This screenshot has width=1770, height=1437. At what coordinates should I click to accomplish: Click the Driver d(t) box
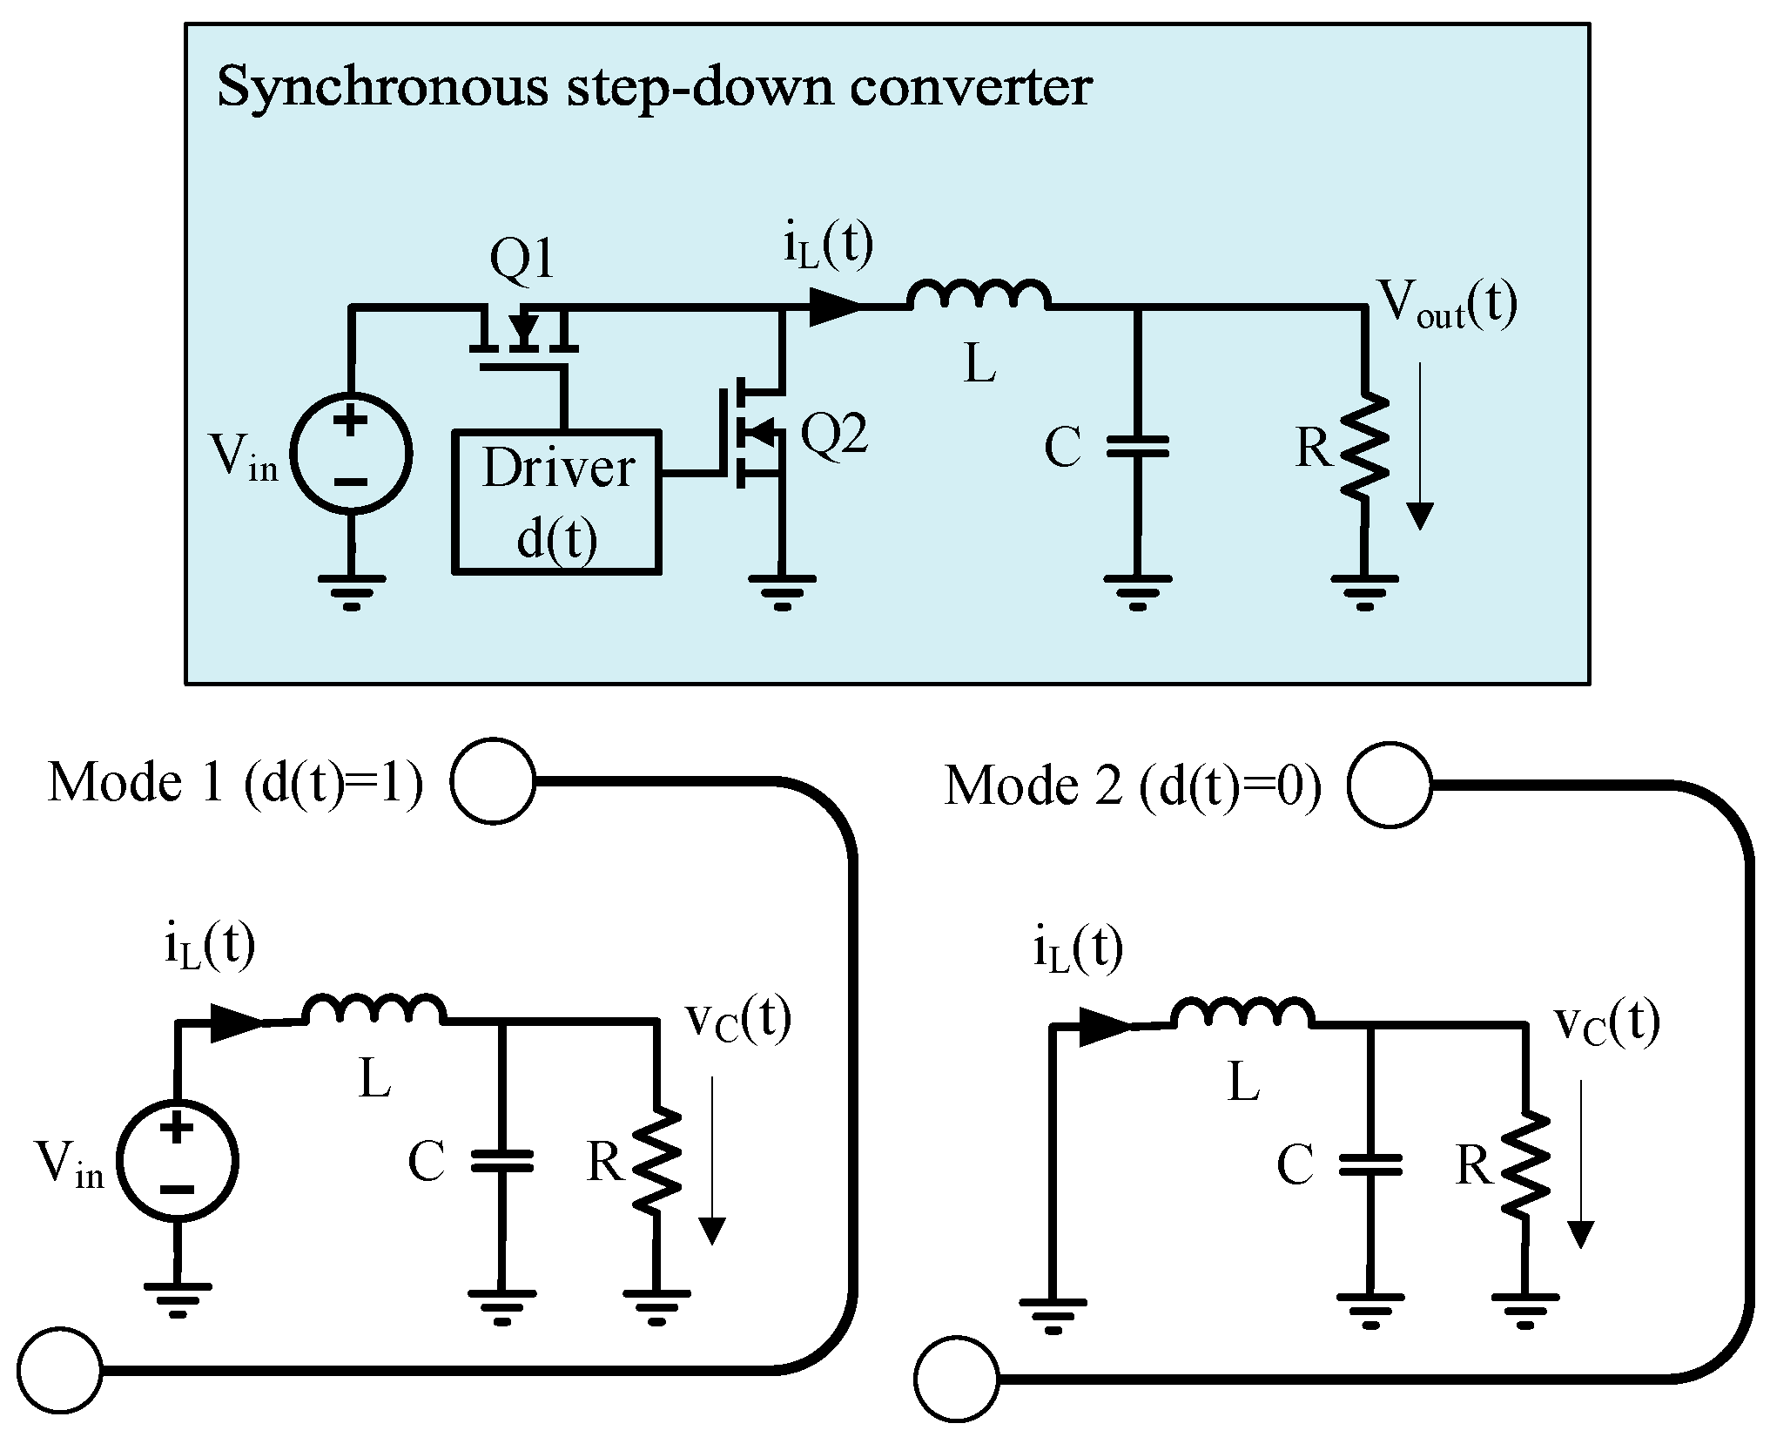tap(556, 501)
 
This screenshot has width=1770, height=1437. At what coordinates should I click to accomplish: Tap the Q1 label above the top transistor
tap(522, 259)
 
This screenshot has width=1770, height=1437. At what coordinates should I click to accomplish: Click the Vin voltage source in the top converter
tap(351, 454)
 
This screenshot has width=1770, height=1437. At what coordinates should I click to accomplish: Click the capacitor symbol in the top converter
tap(1137, 447)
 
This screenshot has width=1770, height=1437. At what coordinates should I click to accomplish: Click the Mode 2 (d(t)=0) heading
tap(1133, 786)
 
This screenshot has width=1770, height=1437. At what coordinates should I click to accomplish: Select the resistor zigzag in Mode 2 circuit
tap(1525, 1164)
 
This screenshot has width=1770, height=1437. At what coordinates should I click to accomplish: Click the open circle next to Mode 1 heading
tap(494, 781)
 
